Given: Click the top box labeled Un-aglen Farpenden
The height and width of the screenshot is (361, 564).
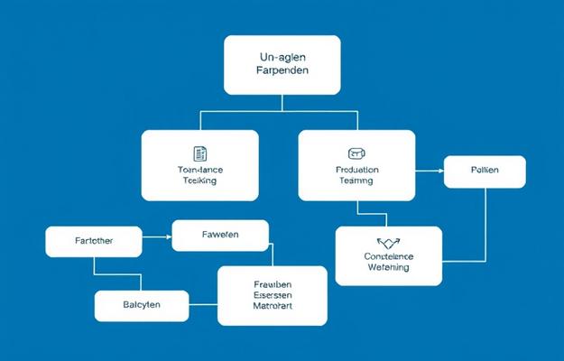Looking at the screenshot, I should (282, 65).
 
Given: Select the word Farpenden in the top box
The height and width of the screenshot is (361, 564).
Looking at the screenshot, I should (282, 73).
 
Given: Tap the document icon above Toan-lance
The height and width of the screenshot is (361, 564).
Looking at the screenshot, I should (200, 153).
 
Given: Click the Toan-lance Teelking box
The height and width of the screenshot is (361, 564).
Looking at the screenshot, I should (199, 164).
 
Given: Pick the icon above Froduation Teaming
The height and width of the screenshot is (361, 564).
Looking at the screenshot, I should (356, 153).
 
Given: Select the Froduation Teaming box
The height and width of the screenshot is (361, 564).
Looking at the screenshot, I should (356, 164).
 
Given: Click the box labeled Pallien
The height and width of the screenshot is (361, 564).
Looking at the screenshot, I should (485, 171).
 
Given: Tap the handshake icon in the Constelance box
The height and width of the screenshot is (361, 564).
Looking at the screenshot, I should (388, 242).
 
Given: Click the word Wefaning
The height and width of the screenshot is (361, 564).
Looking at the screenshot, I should (388, 267).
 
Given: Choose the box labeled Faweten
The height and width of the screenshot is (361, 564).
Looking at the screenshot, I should (219, 235).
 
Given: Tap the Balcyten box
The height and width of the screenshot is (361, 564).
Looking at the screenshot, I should (142, 305).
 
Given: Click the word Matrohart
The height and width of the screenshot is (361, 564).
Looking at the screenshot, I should (273, 307).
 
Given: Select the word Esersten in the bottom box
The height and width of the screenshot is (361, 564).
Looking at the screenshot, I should (273, 295).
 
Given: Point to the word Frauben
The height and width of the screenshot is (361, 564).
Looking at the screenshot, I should (273, 283).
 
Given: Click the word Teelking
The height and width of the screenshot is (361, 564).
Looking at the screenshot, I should (199, 180).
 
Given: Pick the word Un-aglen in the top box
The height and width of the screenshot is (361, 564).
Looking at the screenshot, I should (282, 57).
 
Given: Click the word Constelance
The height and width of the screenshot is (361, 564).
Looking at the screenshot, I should (388, 255).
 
